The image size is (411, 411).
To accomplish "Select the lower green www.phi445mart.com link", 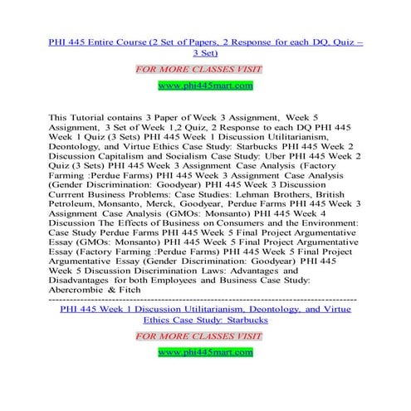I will tap(205, 353).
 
